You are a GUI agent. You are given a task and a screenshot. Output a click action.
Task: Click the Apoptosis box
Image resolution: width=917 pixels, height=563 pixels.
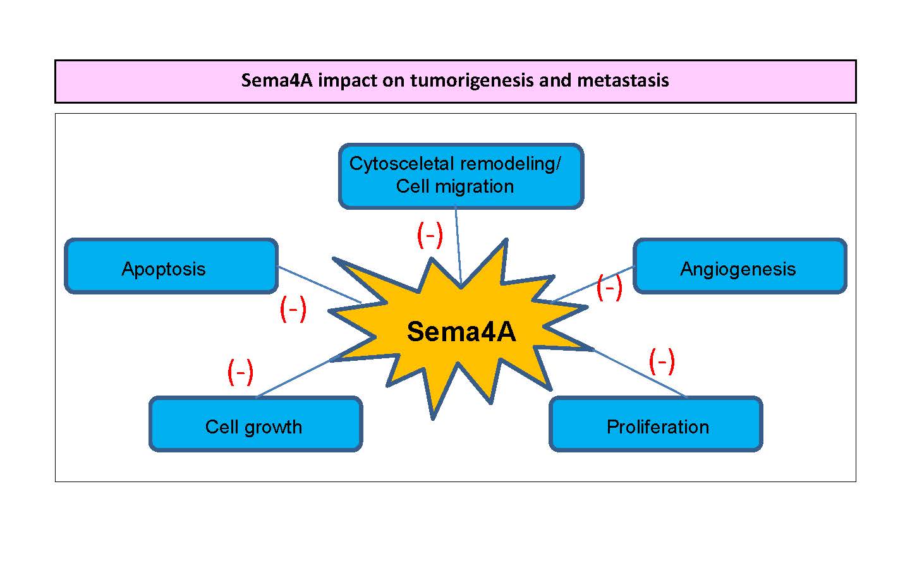[171, 266]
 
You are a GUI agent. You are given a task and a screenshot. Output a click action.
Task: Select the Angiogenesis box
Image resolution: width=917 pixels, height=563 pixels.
[739, 266]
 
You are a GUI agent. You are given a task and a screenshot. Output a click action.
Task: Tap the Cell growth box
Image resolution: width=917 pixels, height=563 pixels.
[255, 424]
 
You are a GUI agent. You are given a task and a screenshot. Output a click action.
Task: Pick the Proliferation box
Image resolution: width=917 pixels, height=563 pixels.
[656, 424]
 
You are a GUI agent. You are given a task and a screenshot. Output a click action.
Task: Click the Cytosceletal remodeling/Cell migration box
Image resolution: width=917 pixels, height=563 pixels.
[461, 176]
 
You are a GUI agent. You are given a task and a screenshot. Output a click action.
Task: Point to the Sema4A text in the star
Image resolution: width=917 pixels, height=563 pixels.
[461, 332]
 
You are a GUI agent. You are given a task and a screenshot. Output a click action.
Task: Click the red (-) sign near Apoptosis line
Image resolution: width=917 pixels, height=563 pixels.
[293, 309]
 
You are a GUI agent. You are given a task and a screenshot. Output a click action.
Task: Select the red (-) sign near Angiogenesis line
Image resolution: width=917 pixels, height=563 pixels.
[609, 288]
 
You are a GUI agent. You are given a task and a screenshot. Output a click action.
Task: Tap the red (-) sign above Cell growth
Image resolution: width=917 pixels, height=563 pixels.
[240, 372]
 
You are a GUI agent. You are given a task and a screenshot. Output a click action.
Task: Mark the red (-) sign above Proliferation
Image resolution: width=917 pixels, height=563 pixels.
[662, 361]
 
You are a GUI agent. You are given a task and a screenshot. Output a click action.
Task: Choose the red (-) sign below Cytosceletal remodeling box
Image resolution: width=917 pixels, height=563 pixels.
[430, 235]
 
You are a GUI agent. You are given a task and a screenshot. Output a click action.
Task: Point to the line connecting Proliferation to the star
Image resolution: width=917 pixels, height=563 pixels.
[638, 373]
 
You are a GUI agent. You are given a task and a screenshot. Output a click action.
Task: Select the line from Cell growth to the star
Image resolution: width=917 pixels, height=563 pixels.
[294, 378]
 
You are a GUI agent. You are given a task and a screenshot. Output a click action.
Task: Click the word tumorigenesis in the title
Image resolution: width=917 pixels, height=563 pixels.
[471, 81]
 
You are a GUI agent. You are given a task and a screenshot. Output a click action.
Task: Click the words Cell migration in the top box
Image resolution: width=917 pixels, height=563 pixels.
[454, 186]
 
